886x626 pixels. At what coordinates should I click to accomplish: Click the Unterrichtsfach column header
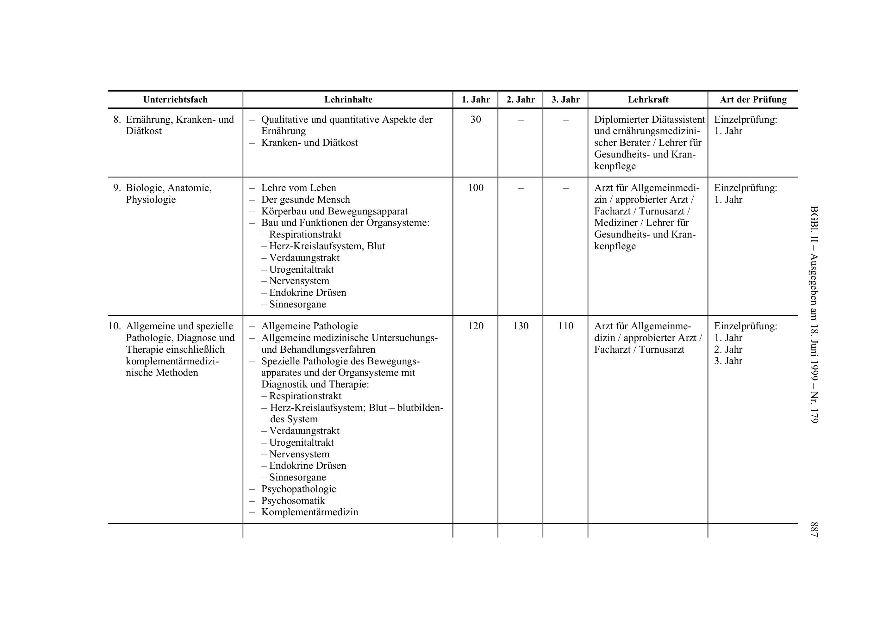(175, 100)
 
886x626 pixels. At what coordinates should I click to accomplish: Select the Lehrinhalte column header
(348, 100)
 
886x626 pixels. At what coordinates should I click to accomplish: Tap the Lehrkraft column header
(648, 100)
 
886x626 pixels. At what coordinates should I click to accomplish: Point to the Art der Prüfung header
(753, 100)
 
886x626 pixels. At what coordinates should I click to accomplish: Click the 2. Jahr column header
(521, 100)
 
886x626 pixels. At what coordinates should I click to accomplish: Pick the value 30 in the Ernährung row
(475, 120)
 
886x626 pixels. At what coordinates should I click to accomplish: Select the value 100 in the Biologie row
(475, 188)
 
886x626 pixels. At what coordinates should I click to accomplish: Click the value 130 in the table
(521, 326)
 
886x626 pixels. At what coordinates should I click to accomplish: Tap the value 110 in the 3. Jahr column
(565, 326)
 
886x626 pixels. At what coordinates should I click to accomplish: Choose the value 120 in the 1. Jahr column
(475, 326)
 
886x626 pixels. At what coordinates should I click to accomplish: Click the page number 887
(814, 529)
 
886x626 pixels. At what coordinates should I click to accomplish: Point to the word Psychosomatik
(293, 501)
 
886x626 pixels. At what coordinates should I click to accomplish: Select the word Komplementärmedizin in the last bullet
(309, 512)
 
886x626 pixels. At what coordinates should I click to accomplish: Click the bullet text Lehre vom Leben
(298, 188)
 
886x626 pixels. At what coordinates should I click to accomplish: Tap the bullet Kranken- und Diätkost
(309, 143)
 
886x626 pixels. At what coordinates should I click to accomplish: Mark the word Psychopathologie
(298, 489)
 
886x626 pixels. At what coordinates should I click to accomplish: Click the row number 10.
(114, 326)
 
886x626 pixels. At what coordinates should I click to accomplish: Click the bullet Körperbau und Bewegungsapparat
(334, 211)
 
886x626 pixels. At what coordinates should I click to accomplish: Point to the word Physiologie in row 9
(151, 200)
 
